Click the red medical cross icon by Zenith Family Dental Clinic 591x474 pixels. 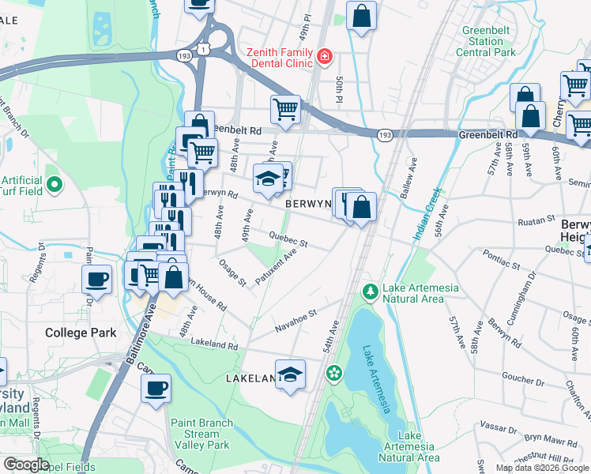(324, 57)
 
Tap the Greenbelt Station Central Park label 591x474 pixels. (486, 42)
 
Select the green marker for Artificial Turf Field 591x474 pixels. (54, 186)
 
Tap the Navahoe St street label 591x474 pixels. (295, 320)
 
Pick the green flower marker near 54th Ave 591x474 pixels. (334, 372)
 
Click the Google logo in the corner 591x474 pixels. (25, 465)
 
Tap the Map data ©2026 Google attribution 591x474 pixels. (542, 468)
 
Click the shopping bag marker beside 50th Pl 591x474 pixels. (361, 17)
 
